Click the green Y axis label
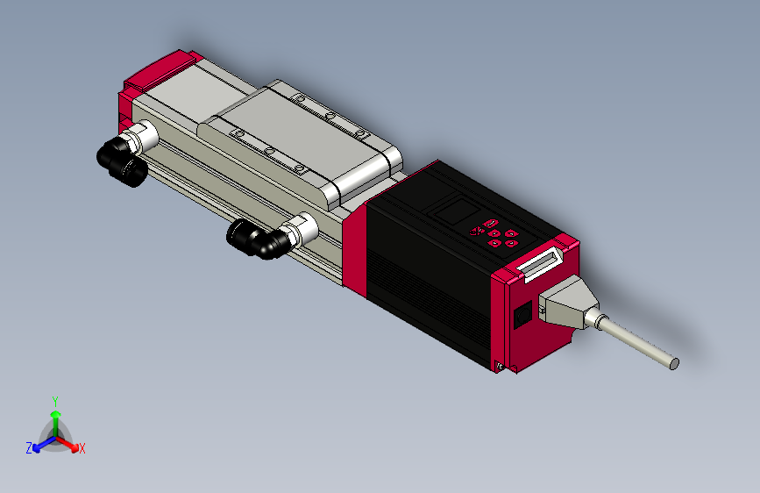(x=54, y=400)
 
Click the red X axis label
(x=82, y=449)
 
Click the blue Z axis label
(x=29, y=447)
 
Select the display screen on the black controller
(x=453, y=211)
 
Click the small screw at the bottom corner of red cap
(x=500, y=366)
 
